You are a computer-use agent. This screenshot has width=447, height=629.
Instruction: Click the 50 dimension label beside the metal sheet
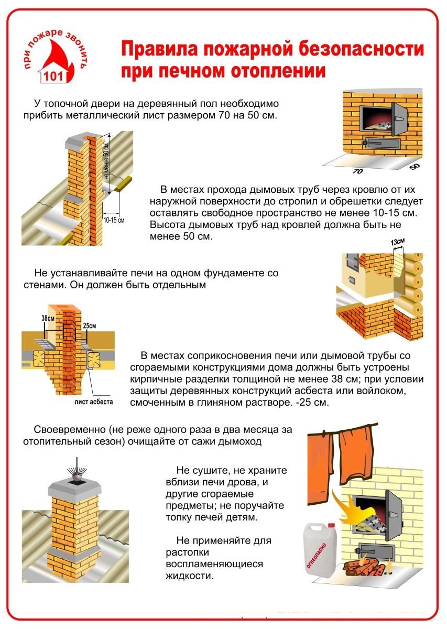(x=415, y=167)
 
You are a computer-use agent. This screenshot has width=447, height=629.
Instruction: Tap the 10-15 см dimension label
(x=114, y=220)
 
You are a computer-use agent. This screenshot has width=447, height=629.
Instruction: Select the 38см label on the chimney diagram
(x=48, y=318)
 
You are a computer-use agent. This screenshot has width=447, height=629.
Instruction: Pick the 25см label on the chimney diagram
(x=90, y=326)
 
